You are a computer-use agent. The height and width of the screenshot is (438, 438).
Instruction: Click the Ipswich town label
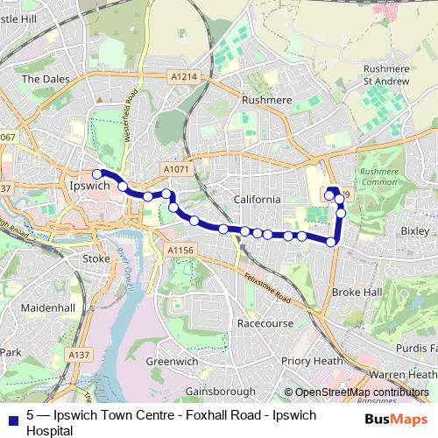point(87,187)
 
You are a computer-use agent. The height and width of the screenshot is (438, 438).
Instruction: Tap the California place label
point(258,200)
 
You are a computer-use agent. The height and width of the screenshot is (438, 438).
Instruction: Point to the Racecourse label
point(265,323)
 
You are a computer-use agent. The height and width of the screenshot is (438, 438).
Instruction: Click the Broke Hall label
point(357,292)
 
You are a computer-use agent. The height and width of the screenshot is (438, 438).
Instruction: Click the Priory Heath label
point(313,360)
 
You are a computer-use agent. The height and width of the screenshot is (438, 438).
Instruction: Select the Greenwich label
point(172,361)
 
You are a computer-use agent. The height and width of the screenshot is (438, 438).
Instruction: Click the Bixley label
point(414,230)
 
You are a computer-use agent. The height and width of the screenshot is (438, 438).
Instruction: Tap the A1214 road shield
point(185,78)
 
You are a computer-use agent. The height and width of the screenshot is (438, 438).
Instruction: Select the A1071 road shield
point(174,166)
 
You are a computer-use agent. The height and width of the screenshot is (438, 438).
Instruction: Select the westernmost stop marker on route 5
point(97,174)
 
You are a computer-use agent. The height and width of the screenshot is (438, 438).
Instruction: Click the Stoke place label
point(95,259)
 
